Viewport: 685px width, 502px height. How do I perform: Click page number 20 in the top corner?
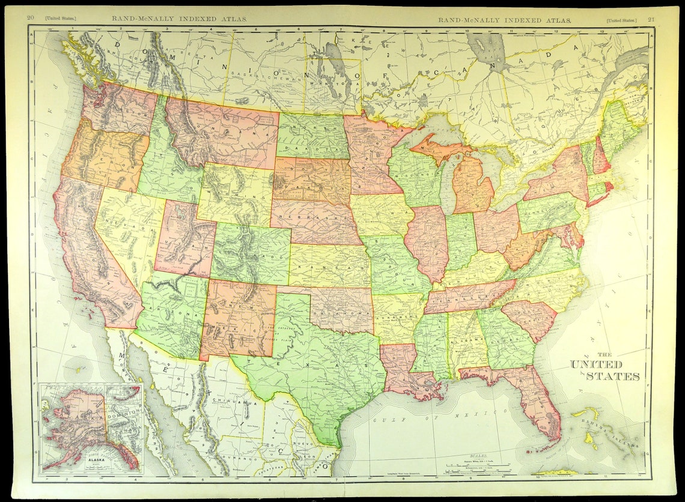coord(30,18)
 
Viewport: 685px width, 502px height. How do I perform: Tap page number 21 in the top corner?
coord(651,19)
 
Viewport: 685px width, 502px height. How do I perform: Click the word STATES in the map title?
coord(613,376)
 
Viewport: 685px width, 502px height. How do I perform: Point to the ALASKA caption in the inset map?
coord(78,456)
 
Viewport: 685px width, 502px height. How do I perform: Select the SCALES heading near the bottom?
coord(474,456)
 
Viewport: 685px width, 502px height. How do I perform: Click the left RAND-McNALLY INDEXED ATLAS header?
coord(179,19)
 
